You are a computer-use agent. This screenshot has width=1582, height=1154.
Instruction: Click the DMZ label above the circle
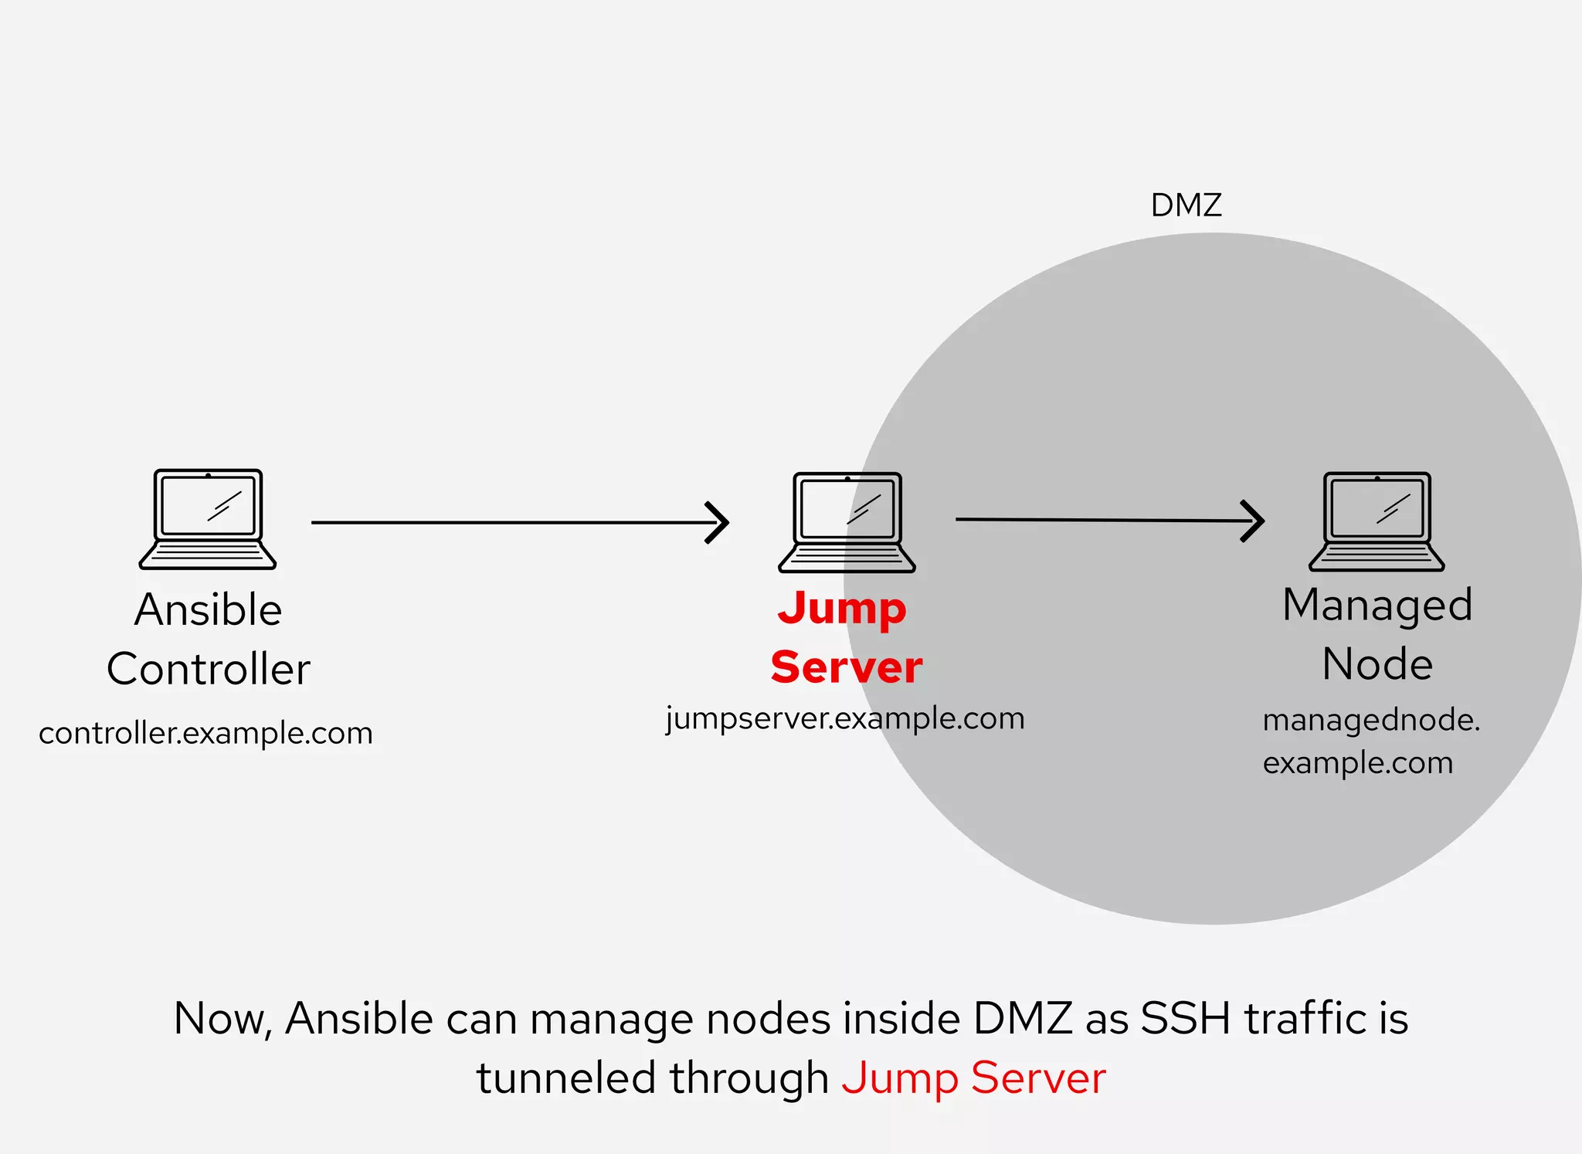coord(1186,205)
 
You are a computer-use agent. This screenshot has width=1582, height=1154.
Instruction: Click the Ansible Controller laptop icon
coord(208,519)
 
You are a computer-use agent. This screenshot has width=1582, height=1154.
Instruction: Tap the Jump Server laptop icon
coord(847,522)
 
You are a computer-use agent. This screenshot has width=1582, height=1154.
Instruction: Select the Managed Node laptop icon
coord(1377,521)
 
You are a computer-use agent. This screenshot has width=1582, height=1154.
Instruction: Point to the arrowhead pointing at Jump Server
coord(718,523)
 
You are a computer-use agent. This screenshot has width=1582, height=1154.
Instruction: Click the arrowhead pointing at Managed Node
coord(1253,521)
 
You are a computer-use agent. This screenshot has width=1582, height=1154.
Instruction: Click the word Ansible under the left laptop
coord(208,609)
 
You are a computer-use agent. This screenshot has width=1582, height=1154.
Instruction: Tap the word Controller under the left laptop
coord(208,669)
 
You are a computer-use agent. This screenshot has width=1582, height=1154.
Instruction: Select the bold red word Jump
coord(842,609)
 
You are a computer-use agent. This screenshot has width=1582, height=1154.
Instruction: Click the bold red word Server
coord(847,667)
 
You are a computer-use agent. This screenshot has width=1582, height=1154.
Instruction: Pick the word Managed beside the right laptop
coord(1377,605)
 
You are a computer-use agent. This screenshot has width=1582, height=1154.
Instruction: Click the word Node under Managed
coord(1377,664)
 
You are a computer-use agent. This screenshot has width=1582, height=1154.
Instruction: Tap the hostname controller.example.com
coord(205,733)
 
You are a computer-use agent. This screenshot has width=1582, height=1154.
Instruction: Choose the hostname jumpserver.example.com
coord(845,719)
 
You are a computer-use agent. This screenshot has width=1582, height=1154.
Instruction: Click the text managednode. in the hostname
coord(1371,721)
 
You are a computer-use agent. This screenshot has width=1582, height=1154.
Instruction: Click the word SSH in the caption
coord(1185,1018)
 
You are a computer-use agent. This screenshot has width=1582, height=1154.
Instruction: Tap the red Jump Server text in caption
coord(973,1078)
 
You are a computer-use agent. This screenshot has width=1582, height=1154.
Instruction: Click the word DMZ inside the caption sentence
coord(1023,1018)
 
